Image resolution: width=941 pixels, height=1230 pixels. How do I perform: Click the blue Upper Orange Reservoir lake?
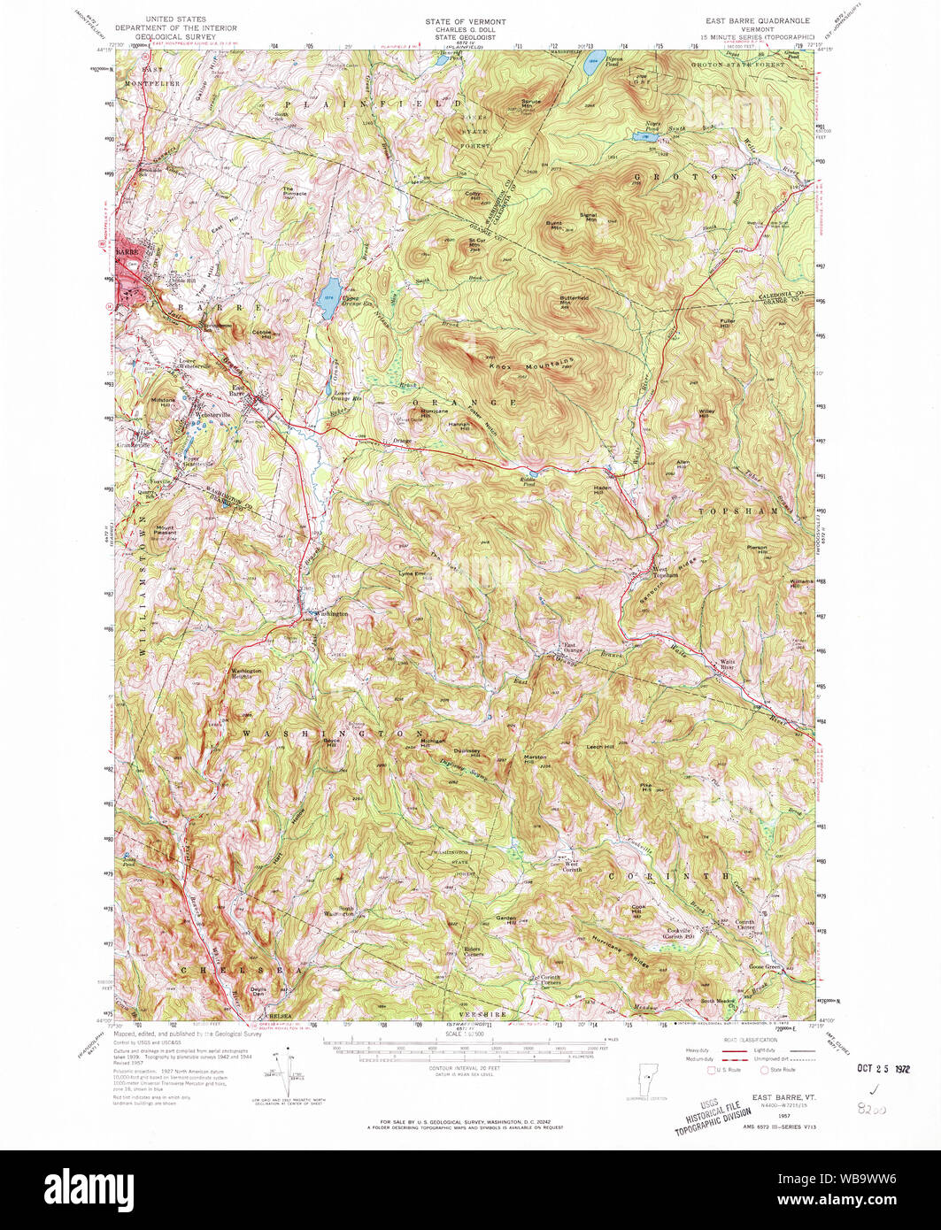pos(329,290)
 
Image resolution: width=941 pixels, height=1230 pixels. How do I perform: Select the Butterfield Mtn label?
pos(574,300)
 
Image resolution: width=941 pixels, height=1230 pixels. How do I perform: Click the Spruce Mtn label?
pos(531,104)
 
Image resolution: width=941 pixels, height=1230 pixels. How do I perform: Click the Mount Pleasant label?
pos(166,532)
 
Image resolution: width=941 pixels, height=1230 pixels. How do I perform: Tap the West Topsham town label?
pos(665,572)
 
